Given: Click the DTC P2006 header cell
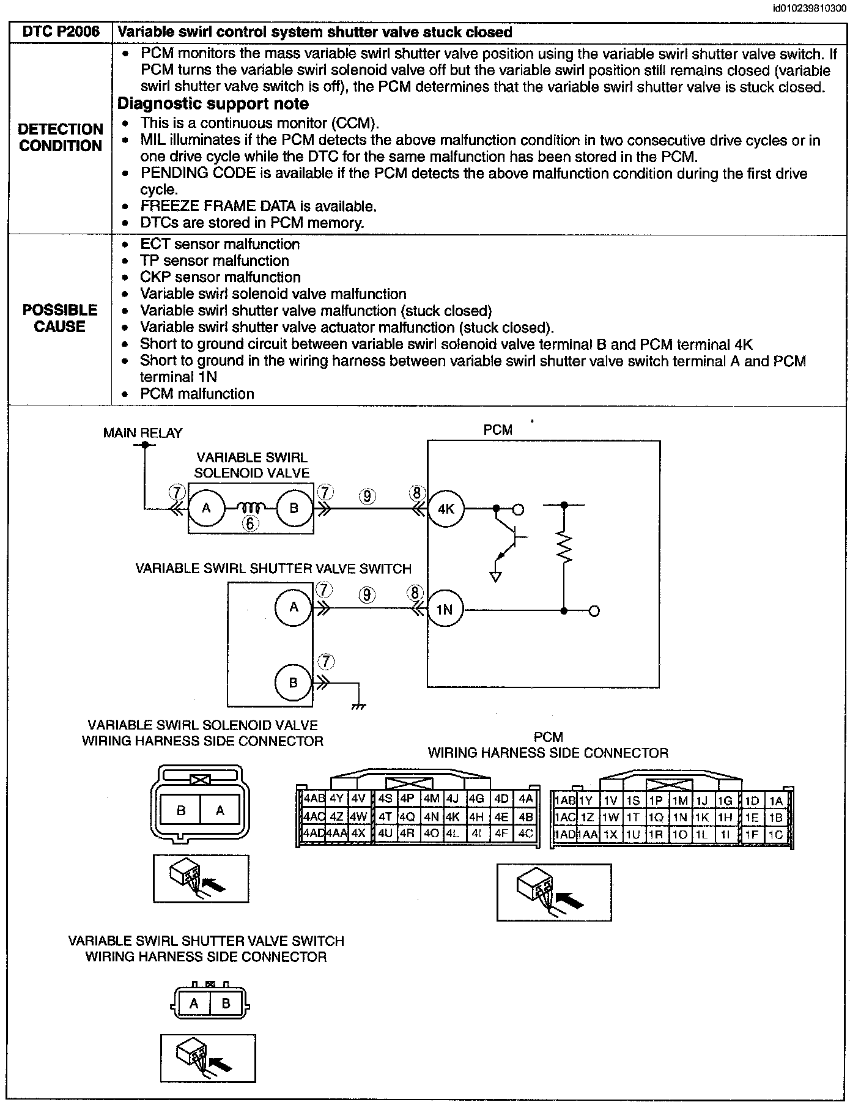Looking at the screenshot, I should pyautogui.click(x=61, y=32).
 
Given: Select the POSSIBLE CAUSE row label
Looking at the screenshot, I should pyautogui.click(x=60, y=318).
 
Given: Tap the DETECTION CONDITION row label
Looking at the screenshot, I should pyautogui.click(x=60, y=138).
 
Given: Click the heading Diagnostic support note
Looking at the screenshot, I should pyautogui.click(x=213, y=104).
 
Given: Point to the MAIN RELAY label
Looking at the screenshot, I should pyautogui.click(x=142, y=433).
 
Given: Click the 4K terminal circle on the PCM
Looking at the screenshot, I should pyautogui.click(x=446, y=508).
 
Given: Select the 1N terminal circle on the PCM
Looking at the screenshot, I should pyautogui.click(x=445, y=609).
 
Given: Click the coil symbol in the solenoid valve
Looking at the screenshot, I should pyautogui.click(x=250, y=507).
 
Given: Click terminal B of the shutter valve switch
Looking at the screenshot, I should pyautogui.click(x=293, y=682).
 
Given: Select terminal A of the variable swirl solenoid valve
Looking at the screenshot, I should pyautogui.click(x=206, y=508).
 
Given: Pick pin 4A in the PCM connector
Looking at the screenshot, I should pyautogui.click(x=525, y=799).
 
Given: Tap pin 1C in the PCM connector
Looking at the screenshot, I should pyautogui.click(x=775, y=834).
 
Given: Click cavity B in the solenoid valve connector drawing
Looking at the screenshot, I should pyautogui.click(x=181, y=810).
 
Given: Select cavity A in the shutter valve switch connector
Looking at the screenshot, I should pyautogui.click(x=194, y=1004).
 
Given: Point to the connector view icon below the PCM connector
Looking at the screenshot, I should pyautogui.click(x=553, y=892).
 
